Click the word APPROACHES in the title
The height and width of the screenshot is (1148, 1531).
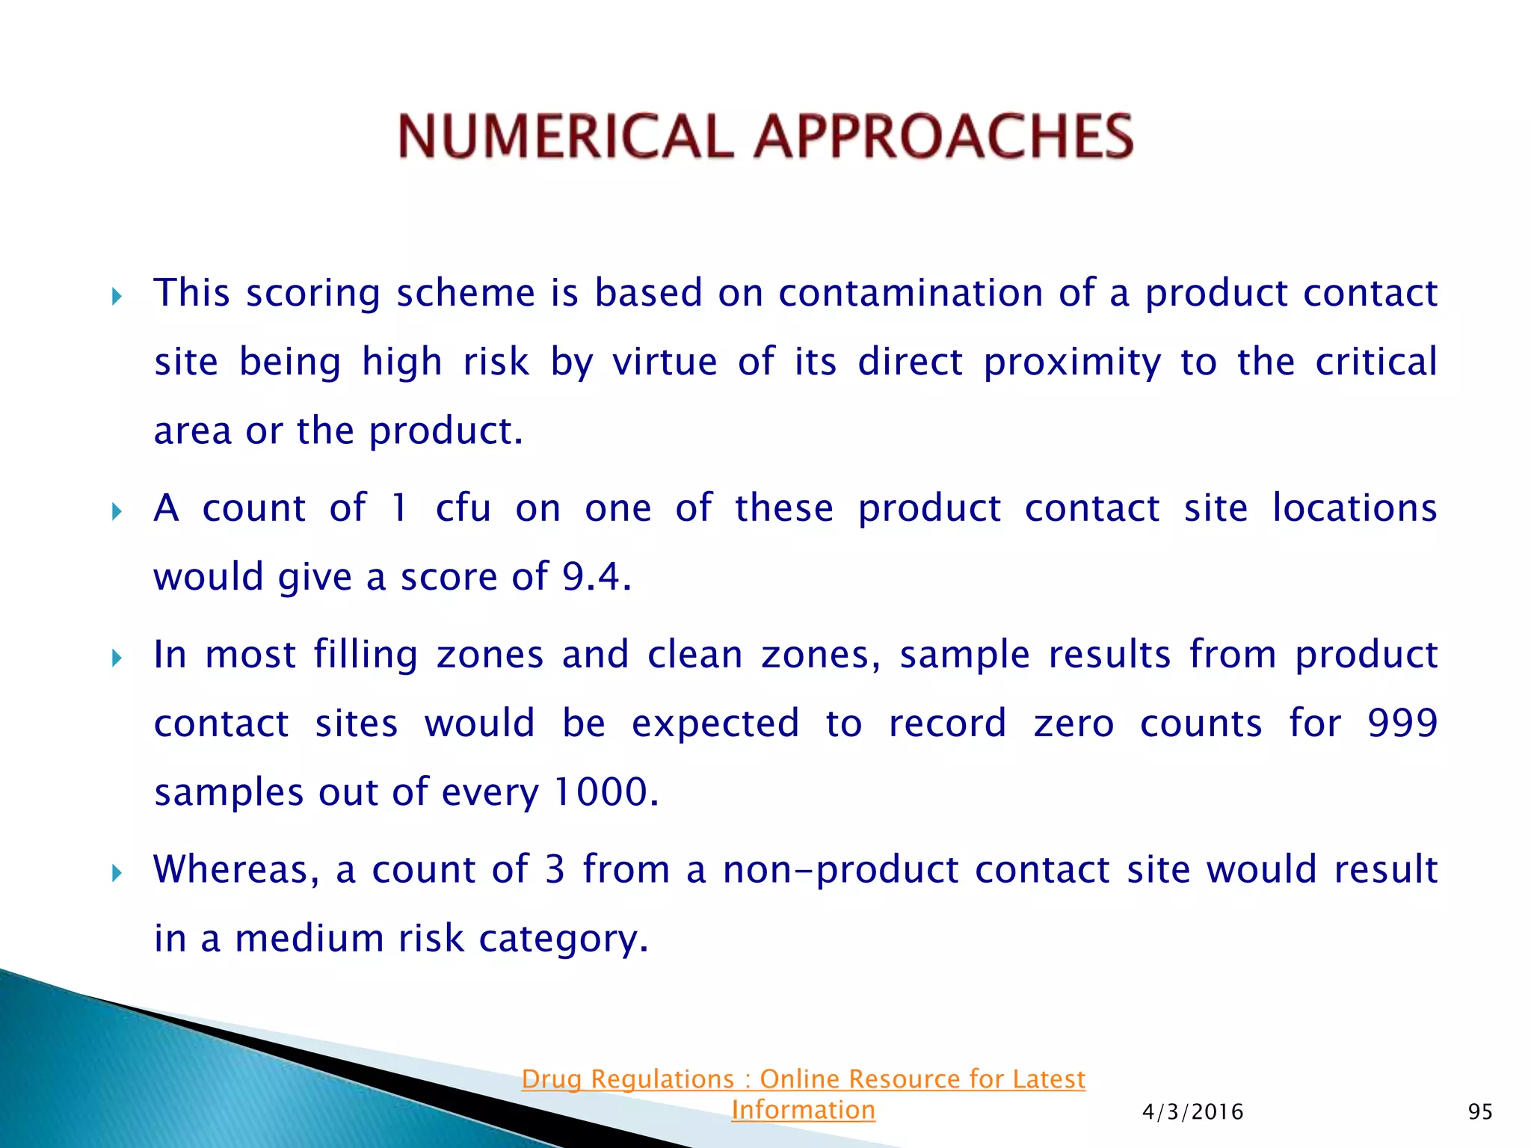coord(943,137)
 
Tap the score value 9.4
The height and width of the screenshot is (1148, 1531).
coord(591,577)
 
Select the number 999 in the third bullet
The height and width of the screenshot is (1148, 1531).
coord(1402,723)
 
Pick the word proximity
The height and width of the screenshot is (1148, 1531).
coord(1072,363)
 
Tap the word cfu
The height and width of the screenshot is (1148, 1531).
coord(463,508)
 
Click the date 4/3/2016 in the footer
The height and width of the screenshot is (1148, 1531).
coord(1193,1112)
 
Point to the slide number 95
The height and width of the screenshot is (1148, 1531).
coord(1480,1112)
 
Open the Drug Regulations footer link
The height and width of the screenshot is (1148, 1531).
coord(803,1079)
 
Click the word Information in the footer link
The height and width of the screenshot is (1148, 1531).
coord(803,1111)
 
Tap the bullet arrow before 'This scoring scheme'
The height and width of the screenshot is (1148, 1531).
coord(117,297)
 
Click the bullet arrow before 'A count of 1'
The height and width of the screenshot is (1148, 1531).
coord(117,513)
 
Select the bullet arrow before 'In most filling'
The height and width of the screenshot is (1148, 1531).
coord(117,658)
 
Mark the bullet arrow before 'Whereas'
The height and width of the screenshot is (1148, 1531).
coord(117,873)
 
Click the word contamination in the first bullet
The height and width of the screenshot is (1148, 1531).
coord(911,293)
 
